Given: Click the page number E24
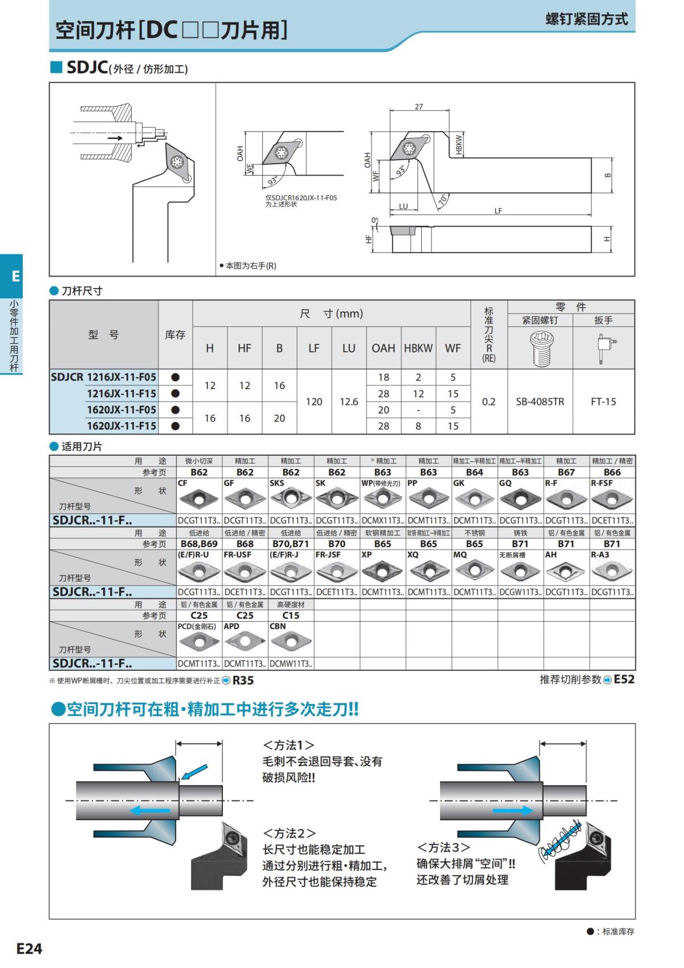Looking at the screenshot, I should coord(29,949).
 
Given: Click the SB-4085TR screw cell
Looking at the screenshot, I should coord(540,402).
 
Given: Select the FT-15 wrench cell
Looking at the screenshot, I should coord(603,402).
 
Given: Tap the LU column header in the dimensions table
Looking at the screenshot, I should coord(349,348).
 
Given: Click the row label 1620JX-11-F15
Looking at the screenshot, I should coord(121,426).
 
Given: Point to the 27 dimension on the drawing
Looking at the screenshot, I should coord(419,107).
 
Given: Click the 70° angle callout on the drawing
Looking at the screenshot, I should coord(442,200).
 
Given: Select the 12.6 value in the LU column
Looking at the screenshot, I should coord(349,402).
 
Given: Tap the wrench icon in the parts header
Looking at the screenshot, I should coord(605,347).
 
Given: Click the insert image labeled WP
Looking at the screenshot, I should coord(382,500).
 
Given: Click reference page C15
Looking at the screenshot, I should coord(291,615).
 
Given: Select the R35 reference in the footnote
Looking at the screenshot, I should coord(243,681).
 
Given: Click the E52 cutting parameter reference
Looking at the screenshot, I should coord(624,679).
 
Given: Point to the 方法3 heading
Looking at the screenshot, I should coord(443,847).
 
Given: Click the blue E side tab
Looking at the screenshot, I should coord(15,276).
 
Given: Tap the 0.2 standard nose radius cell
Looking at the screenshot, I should coord(488,402).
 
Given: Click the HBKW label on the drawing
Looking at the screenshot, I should coord(459,145).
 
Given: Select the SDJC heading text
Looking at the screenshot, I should coord(87,67).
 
